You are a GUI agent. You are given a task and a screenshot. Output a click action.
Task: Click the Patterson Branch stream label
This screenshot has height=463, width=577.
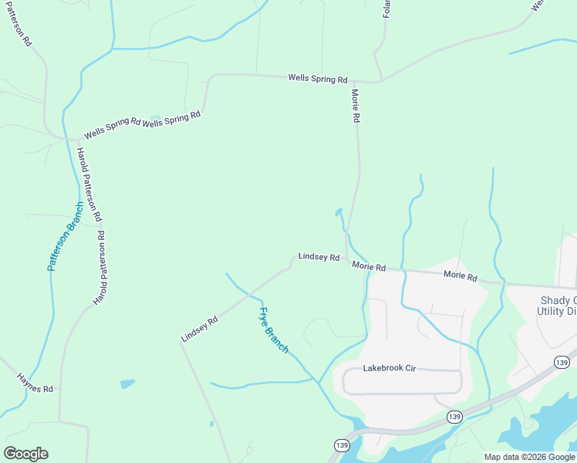pyautogui.click(x=65, y=236)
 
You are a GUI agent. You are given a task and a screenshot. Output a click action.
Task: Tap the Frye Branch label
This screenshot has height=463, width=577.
pyautogui.click(x=273, y=330)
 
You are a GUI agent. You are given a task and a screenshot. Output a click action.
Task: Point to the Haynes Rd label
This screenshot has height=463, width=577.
pyautogui.click(x=36, y=384)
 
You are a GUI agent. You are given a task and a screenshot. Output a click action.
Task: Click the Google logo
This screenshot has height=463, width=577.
pyautogui.click(x=25, y=454)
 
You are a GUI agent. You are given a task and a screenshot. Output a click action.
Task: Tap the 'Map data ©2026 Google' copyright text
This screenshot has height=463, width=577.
pyautogui.click(x=529, y=457)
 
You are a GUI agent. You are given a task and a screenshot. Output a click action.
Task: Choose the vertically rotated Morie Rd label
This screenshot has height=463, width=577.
pyautogui.click(x=356, y=106)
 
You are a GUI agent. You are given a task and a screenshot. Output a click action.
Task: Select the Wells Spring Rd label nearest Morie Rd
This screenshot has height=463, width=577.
pyautogui.click(x=318, y=78)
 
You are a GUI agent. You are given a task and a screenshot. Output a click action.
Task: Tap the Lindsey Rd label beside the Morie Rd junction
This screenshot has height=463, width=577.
pyautogui.click(x=319, y=257)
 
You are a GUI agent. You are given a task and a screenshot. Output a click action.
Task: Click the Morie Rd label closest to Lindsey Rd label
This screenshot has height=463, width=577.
pyautogui.click(x=369, y=265)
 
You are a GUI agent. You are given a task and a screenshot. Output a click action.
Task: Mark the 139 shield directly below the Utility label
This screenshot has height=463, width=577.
pyautogui.click(x=562, y=362)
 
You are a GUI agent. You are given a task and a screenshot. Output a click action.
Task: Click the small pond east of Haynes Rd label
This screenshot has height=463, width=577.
pyautogui.click(x=127, y=384)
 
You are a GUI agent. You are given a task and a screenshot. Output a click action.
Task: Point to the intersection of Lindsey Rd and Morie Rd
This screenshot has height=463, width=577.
pyautogui.click(x=346, y=261)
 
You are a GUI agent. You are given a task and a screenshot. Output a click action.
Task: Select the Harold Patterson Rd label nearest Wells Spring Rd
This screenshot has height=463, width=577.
pyautogui.click(x=89, y=183)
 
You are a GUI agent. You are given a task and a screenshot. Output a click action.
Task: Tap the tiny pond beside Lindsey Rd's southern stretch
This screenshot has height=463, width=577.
pyautogui.click(x=211, y=424)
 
